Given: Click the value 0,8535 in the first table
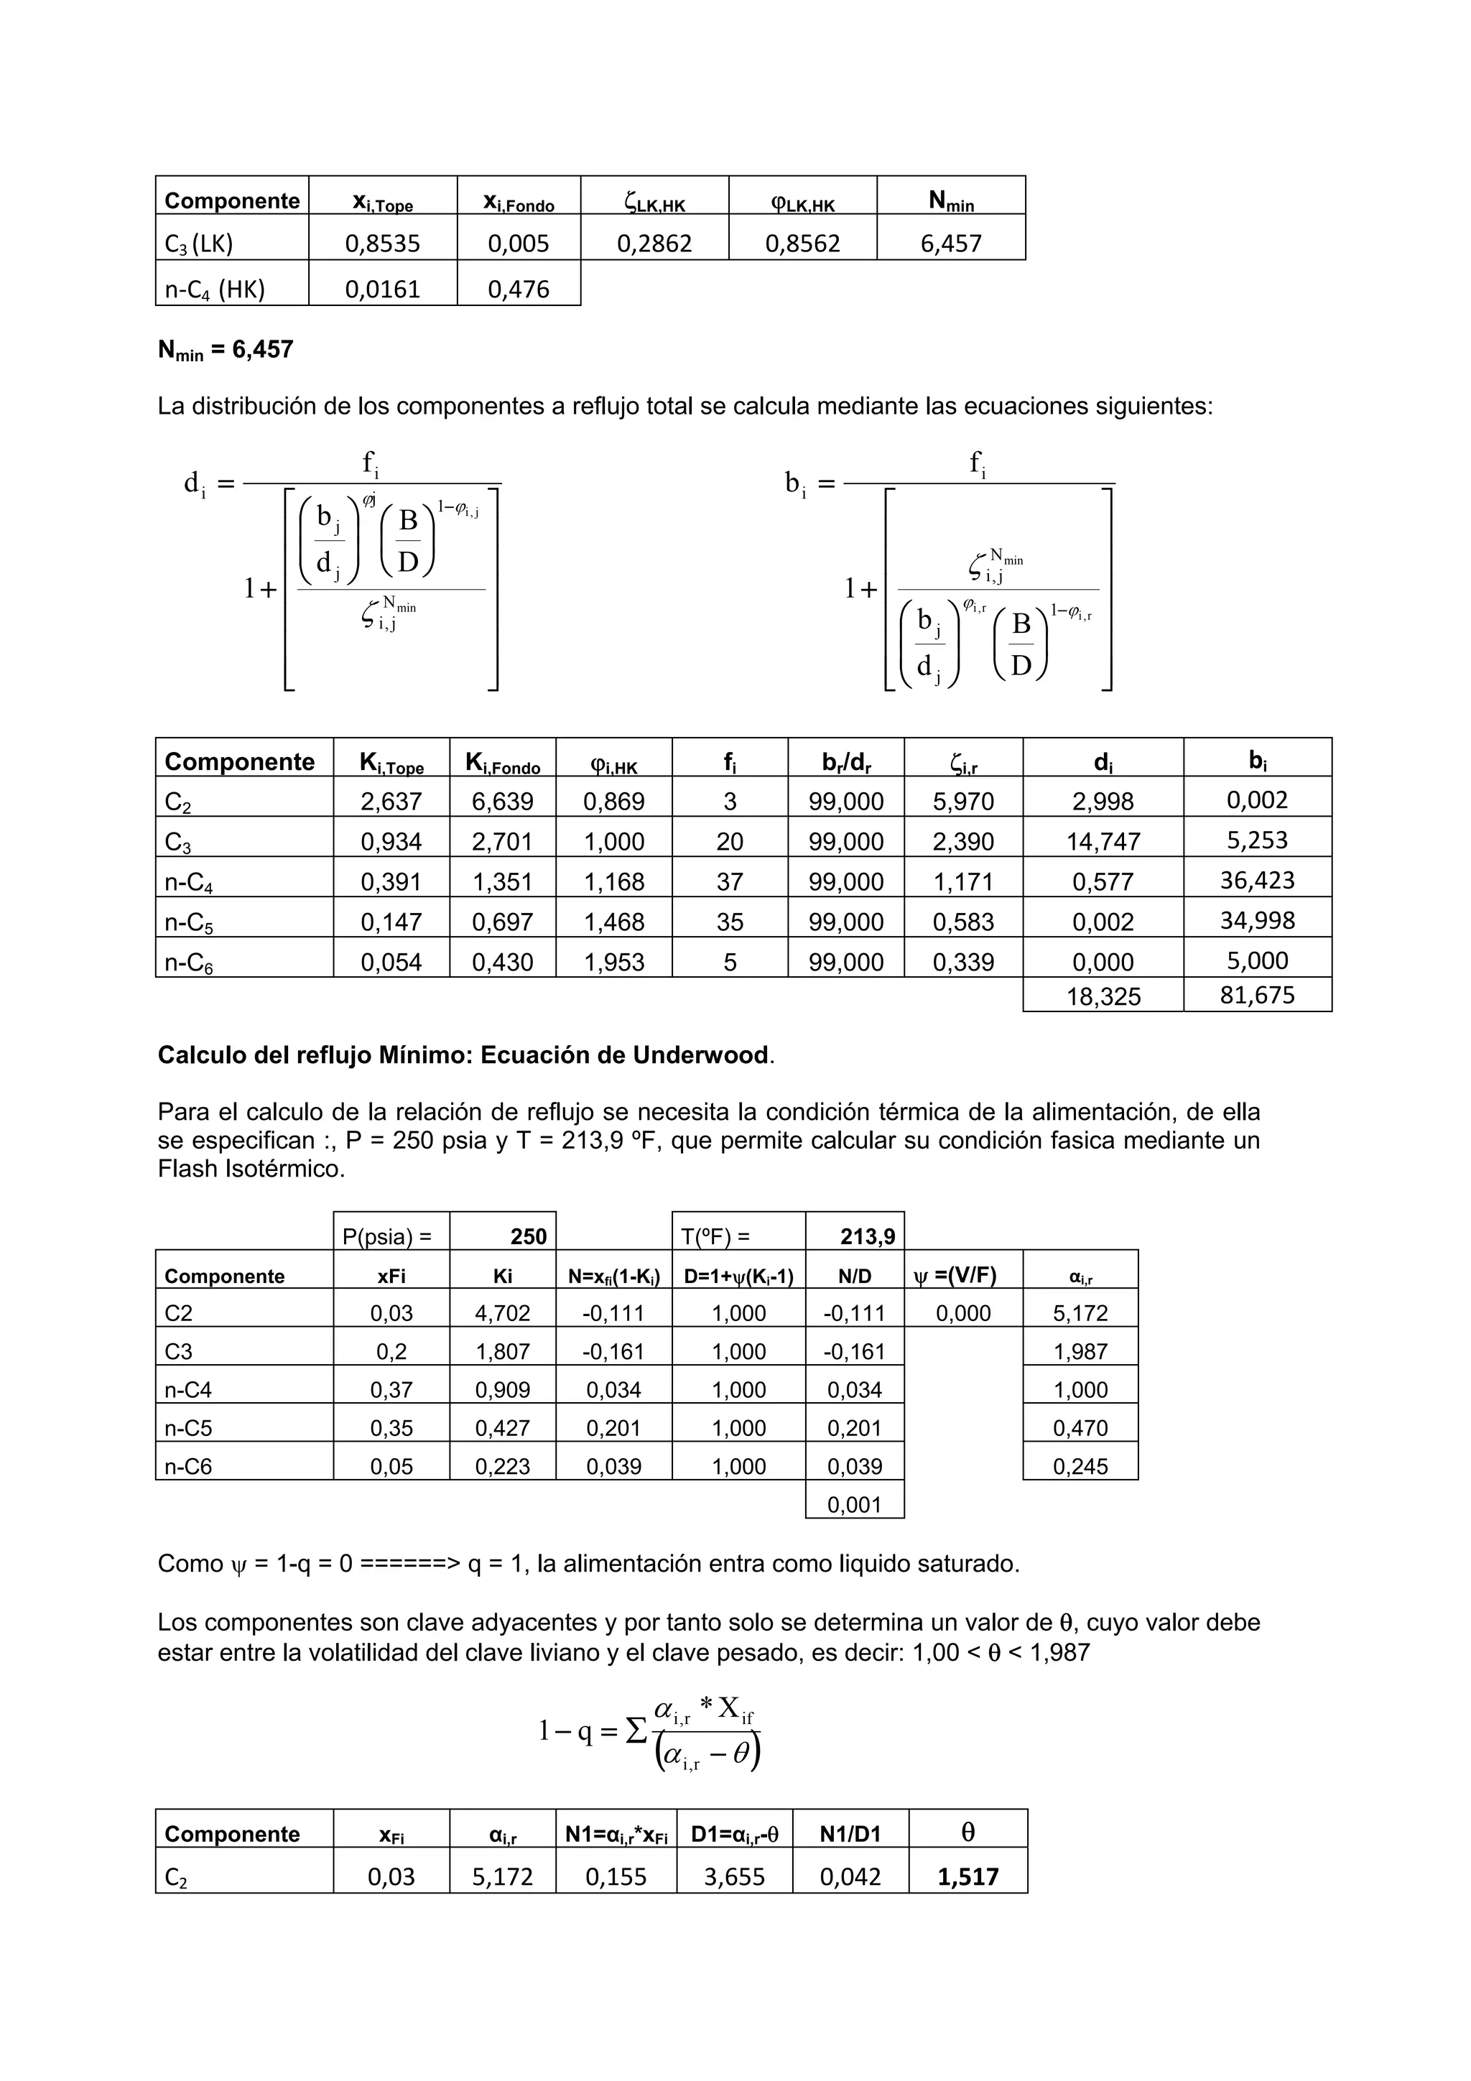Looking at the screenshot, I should point(383,244).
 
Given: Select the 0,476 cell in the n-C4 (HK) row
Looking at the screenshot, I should point(519,290).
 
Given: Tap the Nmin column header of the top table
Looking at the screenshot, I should point(951,201).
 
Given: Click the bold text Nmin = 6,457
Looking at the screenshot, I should point(226,351).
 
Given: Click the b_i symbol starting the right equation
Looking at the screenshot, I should point(795,484).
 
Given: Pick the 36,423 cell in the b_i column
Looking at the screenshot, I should point(1256,881).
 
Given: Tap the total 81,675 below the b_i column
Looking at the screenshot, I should point(1256,995).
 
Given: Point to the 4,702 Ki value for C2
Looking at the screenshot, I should point(502,1313).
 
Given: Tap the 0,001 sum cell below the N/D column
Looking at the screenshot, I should point(854,1506).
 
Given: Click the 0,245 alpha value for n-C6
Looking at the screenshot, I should point(1080,1467).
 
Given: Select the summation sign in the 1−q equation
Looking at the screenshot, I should point(636,1730).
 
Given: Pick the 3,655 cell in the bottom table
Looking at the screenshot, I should point(734,1877).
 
